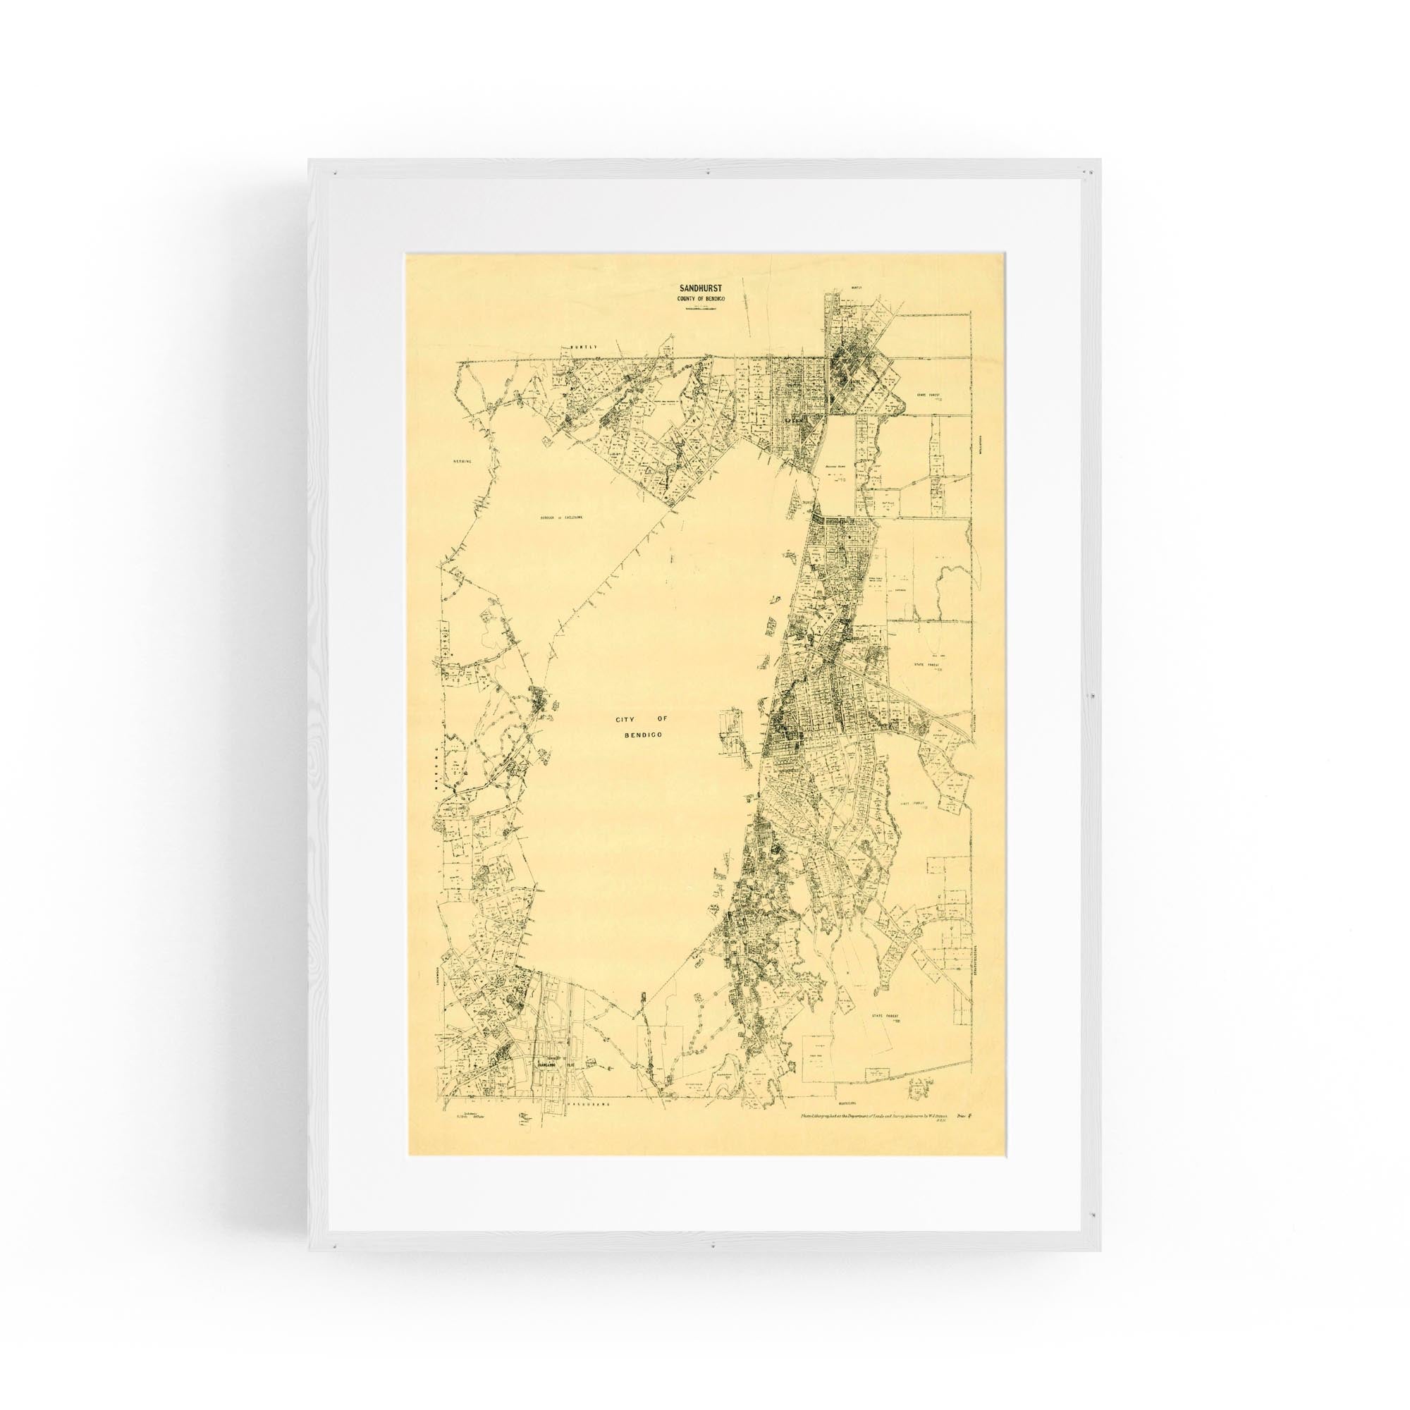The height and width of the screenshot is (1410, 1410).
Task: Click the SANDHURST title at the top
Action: click(x=696, y=289)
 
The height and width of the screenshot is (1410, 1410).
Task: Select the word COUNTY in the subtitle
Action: click(x=682, y=299)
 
